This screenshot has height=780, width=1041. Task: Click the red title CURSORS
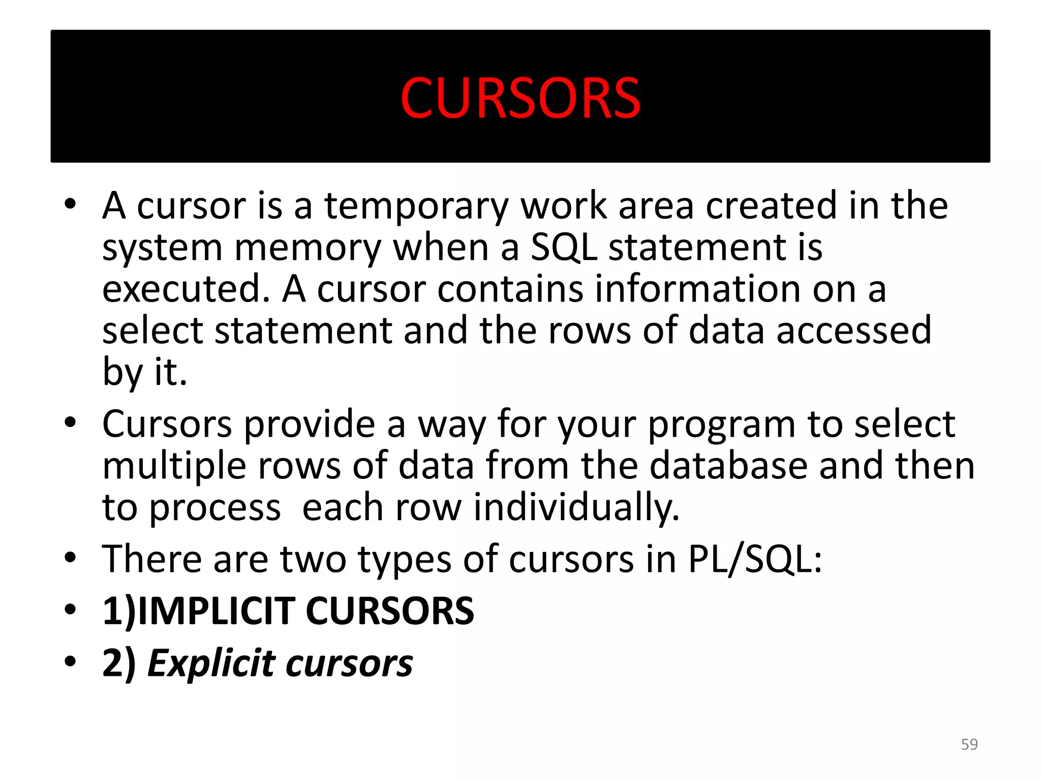[520, 97]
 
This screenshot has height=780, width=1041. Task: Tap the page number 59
[969, 744]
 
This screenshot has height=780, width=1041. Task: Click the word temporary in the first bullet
[416, 206]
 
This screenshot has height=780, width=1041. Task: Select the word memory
[307, 248]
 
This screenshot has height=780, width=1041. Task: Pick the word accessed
[853, 330]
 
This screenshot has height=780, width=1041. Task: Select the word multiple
[174, 466]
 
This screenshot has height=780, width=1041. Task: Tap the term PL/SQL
[755, 559]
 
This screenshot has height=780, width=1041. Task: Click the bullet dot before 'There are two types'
[70, 558]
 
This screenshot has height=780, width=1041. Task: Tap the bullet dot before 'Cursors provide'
[70, 422]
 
